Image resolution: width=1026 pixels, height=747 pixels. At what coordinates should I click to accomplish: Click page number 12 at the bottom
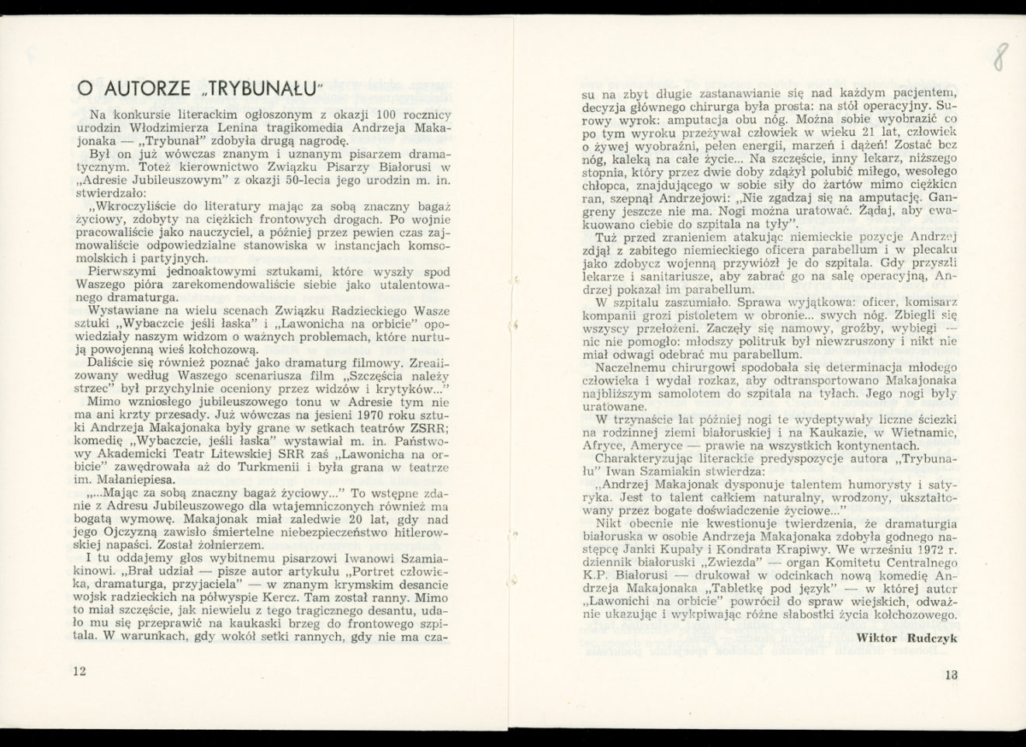[x=78, y=672]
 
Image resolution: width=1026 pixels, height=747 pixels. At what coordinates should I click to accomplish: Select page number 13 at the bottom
[x=951, y=675]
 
